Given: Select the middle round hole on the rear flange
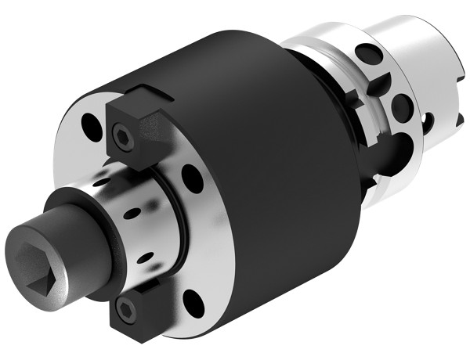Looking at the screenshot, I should coord(400,104).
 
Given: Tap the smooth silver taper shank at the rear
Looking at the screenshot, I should coord(415,47).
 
